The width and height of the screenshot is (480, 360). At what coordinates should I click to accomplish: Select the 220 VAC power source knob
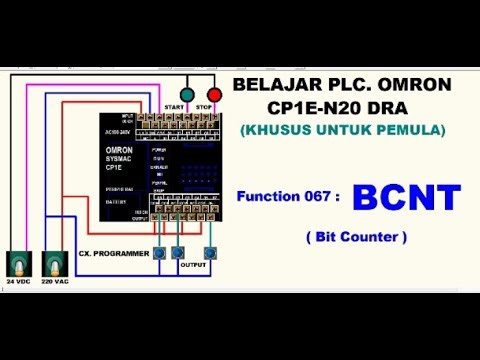[x=52, y=264]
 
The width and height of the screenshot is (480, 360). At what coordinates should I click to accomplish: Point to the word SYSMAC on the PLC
[x=120, y=160]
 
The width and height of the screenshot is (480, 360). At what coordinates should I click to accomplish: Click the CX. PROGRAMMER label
[x=114, y=254]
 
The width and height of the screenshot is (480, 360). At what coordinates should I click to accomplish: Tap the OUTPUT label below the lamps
[x=194, y=266]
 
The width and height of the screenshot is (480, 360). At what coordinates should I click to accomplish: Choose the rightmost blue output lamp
[x=210, y=253]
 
